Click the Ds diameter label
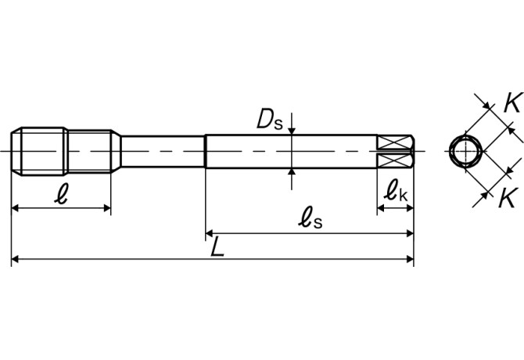pyautogui.click(x=270, y=120)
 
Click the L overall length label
pyautogui.click(x=217, y=247)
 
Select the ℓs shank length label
pyautogui.click(x=310, y=218)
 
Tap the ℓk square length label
pyautogui.click(x=396, y=191)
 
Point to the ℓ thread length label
pyautogui.click(x=61, y=193)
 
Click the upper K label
pyautogui.click(x=512, y=103)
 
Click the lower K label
pyautogui.click(x=508, y=197)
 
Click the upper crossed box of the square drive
pyautogui.click(x=393, y=142)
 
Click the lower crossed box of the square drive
pyautogui.click(x=393, y=160)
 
